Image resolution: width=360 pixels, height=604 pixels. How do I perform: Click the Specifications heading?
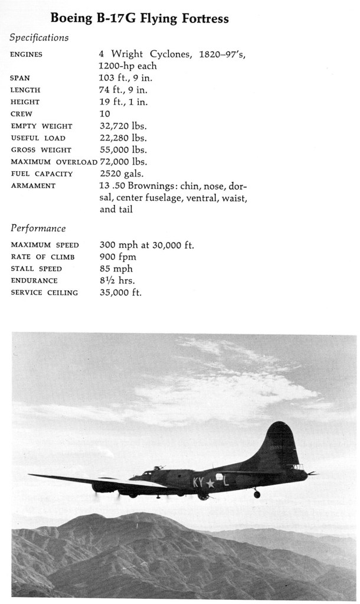(39, 38)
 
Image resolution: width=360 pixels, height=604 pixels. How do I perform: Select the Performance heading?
(38, 228)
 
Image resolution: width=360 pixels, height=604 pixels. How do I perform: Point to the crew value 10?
(104, 113)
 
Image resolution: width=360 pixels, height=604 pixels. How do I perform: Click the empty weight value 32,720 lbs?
(123, 126)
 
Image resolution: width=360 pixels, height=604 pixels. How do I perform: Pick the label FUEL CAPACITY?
(42, 174)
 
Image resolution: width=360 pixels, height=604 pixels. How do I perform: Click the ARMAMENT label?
(33, 186)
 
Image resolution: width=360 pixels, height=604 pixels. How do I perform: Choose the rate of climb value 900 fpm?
(117, 257)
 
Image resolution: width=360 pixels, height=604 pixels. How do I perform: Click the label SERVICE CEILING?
(44, 293)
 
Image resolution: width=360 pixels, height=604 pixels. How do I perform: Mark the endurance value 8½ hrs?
(117, 280)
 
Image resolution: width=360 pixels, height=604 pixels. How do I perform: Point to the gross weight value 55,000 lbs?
(123, 150)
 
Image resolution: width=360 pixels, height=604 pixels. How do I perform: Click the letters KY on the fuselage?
(198, 482)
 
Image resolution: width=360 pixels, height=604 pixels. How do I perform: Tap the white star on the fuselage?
(210, 483)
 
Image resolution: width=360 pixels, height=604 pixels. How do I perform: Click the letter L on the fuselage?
(225, 481)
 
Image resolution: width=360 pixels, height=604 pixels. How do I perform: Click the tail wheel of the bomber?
(257, 494)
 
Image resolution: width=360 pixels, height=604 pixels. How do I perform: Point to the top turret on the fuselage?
(158, 468)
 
